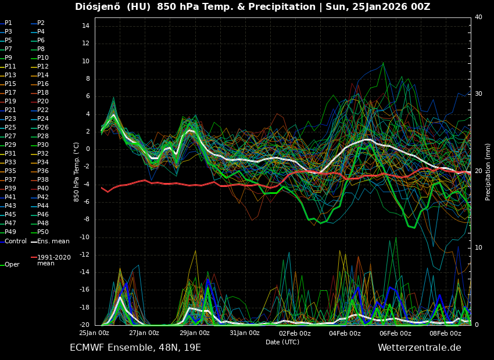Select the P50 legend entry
click(x=42, y=232)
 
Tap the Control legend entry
click(x=15, y=241)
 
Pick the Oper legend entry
click(x=12, y=265)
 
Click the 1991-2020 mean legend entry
click(x=53, y=260)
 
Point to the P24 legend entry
click(x=42, y=119)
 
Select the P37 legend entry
click(x=10, y=180)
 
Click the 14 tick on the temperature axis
click(x=85, y=26)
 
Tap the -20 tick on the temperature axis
click(x=83, y=325)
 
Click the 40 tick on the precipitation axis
click(x=478, y=17)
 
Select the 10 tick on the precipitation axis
click(x=478, y=248)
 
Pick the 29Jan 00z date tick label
click(x=195, y=333)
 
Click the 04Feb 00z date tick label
click(x=345, y=333)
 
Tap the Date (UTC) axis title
click(x=282, y=343)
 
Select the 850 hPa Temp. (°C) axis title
click(x=77, y=171)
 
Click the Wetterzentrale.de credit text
click(x=419, y=348)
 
